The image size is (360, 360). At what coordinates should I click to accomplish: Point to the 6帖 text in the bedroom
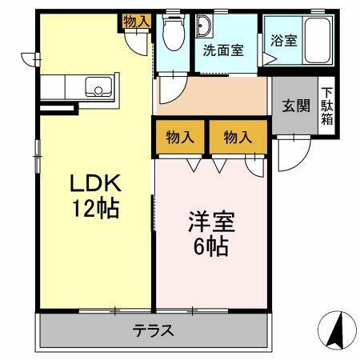(210, 245)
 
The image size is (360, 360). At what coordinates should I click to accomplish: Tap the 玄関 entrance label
(295, 105)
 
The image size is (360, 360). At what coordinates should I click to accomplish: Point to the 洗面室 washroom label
(222, 50)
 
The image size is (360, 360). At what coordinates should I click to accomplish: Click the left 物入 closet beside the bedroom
(181, 138)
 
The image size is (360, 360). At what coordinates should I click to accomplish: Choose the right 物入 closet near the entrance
(238, 138)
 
